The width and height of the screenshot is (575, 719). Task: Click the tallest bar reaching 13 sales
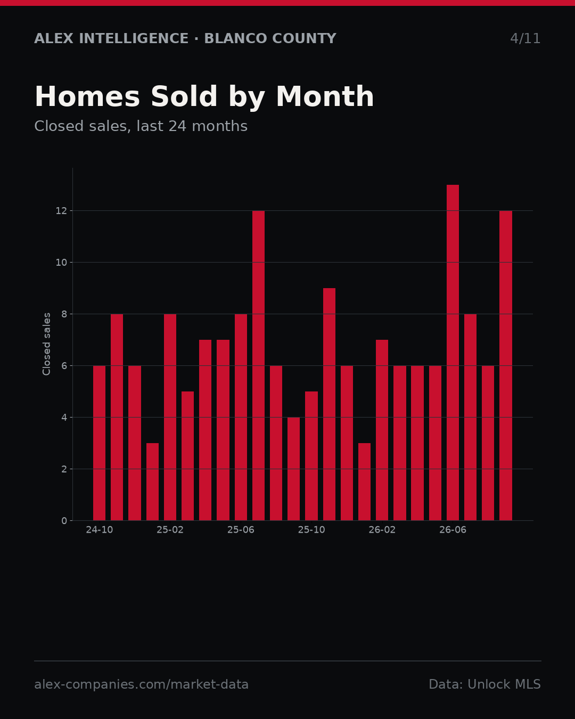(x=453, y=353)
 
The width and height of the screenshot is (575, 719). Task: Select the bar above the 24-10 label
(x=99, y=443)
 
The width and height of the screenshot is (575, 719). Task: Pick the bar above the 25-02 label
(x=170, y=418)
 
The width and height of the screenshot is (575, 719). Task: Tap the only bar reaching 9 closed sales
(x=329, y=404)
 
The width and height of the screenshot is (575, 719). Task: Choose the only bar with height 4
(x=294, y=469)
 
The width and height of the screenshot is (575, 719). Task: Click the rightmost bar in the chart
(x=506, y=365)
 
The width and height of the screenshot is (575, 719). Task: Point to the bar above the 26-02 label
(x=382, y=430)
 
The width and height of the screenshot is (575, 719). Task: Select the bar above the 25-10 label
(x=311, y=456)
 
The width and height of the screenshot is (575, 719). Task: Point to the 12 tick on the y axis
(x=61, y=211)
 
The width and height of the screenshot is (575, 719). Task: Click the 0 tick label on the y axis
(x=64, y=521)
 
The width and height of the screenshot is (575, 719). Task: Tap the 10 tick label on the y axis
(x=61, y=263)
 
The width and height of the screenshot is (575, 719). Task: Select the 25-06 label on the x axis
(x=241, y=530)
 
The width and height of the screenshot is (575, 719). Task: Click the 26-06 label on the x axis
(x=453, y=530)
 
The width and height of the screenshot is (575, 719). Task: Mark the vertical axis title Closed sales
(x=46, y=344)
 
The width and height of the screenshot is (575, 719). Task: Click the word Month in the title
(x=325, y=96)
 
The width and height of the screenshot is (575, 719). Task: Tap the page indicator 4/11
(x=525, y=38)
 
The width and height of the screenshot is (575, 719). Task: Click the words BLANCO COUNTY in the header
(x=270, y=38)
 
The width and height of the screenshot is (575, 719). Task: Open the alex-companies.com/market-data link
(x=141, y=684)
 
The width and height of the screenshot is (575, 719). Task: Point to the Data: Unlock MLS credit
(x=485, y=684)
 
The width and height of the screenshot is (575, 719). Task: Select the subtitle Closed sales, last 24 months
(x=141, y=126)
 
